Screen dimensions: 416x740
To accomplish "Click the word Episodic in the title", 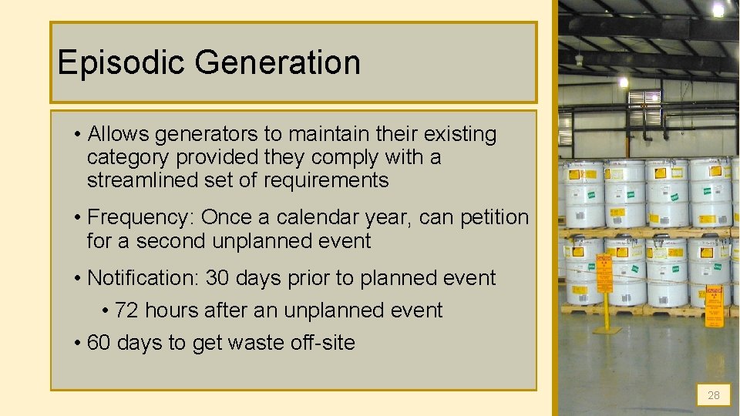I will click(x=122, y=62).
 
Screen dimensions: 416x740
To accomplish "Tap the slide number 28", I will click(x=713, y=395).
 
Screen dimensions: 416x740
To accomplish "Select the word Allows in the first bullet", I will click(x=119, y=134).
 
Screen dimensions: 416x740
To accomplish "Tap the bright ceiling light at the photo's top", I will click(x=718, y=9).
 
